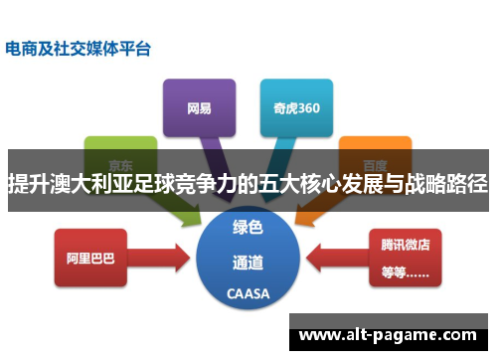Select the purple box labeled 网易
pos(199,106)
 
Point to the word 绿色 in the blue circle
pos(248,228)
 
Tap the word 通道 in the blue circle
pos(248,263)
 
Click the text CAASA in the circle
pos(248,295)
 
